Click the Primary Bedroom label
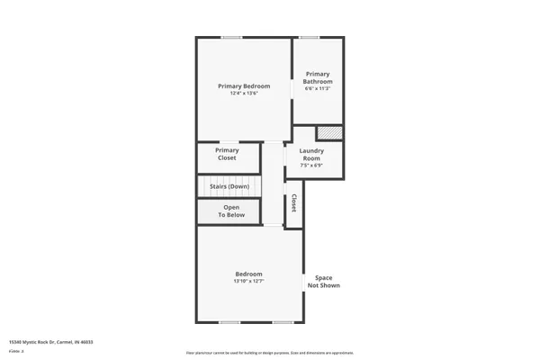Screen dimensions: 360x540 point(244,86)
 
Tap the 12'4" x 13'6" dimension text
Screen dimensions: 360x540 point(244,94)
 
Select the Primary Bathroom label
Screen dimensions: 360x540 point(318,78)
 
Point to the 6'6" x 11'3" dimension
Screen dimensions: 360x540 point(318,89)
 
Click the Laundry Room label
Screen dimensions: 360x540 point(311,154)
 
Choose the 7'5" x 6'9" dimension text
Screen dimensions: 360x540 point(311,166)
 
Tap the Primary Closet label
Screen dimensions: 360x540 point(227,154)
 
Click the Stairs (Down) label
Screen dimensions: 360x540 point(229,186)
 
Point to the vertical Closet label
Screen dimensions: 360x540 point(293,204)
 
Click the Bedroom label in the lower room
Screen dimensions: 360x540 point(248,274)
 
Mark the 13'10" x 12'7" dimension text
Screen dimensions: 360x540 point(248,282)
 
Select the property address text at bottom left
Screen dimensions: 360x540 point(51,342)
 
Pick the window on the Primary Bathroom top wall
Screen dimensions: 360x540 point(310,37)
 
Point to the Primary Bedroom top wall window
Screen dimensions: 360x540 point(232,37)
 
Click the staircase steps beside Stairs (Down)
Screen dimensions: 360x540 point(255,186)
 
